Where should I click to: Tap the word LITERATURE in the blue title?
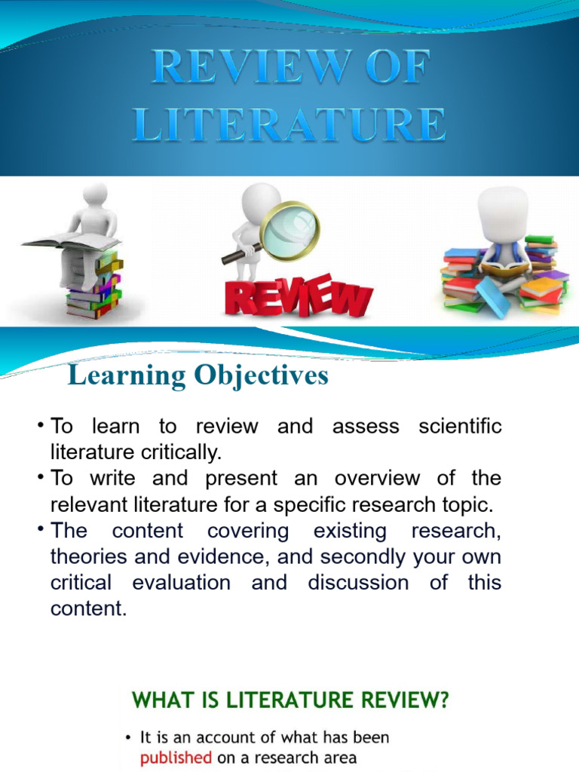point(289,124)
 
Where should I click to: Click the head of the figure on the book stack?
point(94,195)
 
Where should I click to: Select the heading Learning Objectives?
point(198,375)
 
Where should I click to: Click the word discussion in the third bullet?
point(358,583)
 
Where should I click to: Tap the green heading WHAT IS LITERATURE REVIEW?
point(290,701)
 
